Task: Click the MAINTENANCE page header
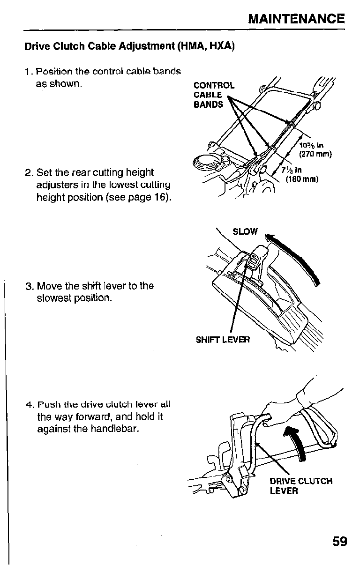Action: (296, 19)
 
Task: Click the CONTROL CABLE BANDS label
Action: (214, 95)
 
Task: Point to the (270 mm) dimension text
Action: (315, 154)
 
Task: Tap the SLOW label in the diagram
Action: (245, 231)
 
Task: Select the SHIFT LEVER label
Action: (223, 339)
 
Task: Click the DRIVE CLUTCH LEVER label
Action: (300, 486)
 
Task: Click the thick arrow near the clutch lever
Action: (297, 436)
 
